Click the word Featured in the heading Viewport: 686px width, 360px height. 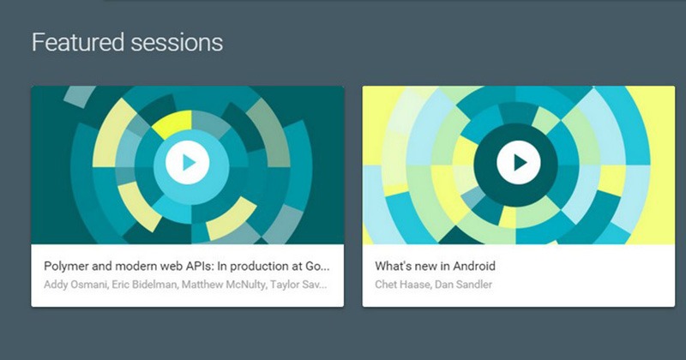click(78, 43)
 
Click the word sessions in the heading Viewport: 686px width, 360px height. click(177, 43)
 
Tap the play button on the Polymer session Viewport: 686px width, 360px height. click(188, 162)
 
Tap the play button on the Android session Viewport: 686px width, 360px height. click(519, 162)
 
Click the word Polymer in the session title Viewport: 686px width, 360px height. click(66, 267)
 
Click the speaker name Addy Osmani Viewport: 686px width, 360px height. click(75, 285)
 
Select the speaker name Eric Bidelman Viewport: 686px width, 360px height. click(145, 285)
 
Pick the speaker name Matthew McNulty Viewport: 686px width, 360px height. click(224, 285)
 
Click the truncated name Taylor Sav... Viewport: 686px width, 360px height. click(298, 285)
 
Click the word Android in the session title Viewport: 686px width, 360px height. click(474, 266)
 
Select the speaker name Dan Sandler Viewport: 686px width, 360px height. click(464, 285)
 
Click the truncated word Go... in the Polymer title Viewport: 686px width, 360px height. click(317, 267)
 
